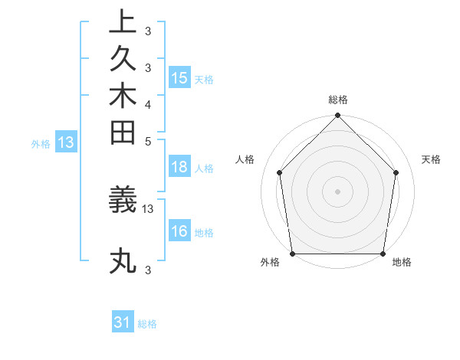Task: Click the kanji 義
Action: [x=123, y=201]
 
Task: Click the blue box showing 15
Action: [x=179, y=77]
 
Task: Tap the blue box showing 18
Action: [x=179, y=168]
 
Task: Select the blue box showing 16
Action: [x=179, y=231]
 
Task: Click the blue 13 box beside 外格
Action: [x=66, y=142]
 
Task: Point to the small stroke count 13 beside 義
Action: [x=148, y=208]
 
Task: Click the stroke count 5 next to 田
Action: [x=148, y=141]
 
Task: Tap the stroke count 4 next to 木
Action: [x=148, y=103]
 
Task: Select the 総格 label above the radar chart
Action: [x=338, y=100]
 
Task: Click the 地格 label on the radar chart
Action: [x=402, y=263]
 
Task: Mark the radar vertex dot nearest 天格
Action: [x=396, y=172]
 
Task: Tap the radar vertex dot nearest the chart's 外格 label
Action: [x=292, y=254]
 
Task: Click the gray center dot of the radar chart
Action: [x=338, y=191]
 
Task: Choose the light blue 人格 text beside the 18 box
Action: [x=204, y=169]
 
